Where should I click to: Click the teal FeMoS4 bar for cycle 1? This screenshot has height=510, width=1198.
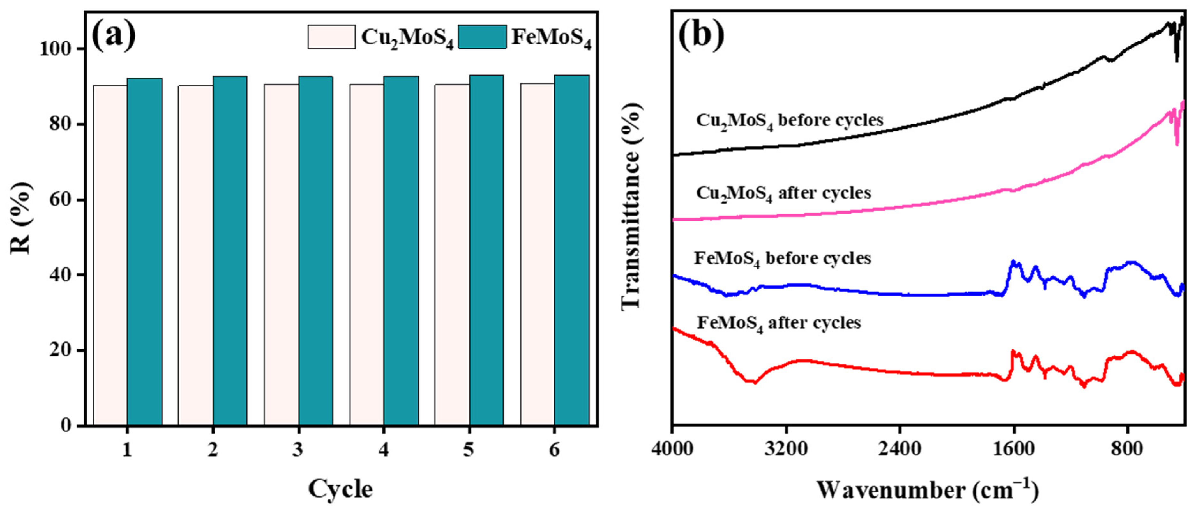145,251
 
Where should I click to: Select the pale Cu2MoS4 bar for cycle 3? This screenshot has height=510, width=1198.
281,254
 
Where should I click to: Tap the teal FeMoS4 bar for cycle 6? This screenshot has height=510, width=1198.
572,250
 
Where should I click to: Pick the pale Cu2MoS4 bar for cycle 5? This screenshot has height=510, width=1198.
452,254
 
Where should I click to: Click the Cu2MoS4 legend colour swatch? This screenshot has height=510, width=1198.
331,37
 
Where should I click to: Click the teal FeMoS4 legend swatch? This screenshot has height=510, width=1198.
482,37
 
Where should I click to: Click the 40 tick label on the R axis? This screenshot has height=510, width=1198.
60,275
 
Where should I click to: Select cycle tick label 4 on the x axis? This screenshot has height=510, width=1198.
384,450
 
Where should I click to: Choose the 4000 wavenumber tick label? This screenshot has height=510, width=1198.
673,450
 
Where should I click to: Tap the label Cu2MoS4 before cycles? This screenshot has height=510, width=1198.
789,121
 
